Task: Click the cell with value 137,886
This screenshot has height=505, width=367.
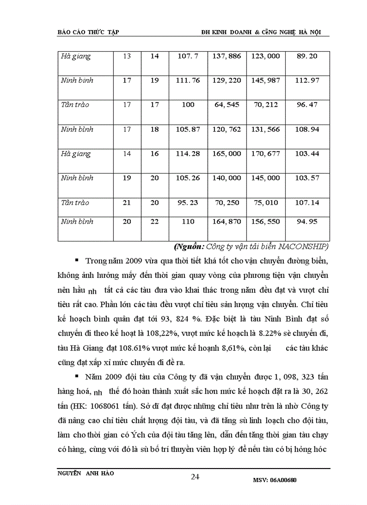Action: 227,56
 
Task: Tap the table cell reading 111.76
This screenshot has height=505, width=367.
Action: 188,80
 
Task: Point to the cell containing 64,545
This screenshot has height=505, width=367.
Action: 227,105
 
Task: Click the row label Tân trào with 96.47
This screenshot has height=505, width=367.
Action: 75,105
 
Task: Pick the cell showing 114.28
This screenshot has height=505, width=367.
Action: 188,154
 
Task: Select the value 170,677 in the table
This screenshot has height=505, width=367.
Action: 266,154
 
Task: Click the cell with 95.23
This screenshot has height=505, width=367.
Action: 188,203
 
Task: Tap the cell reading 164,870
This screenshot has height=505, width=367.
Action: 227,222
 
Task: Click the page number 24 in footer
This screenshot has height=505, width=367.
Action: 195,477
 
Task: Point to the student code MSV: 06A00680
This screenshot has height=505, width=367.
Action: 275,480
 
